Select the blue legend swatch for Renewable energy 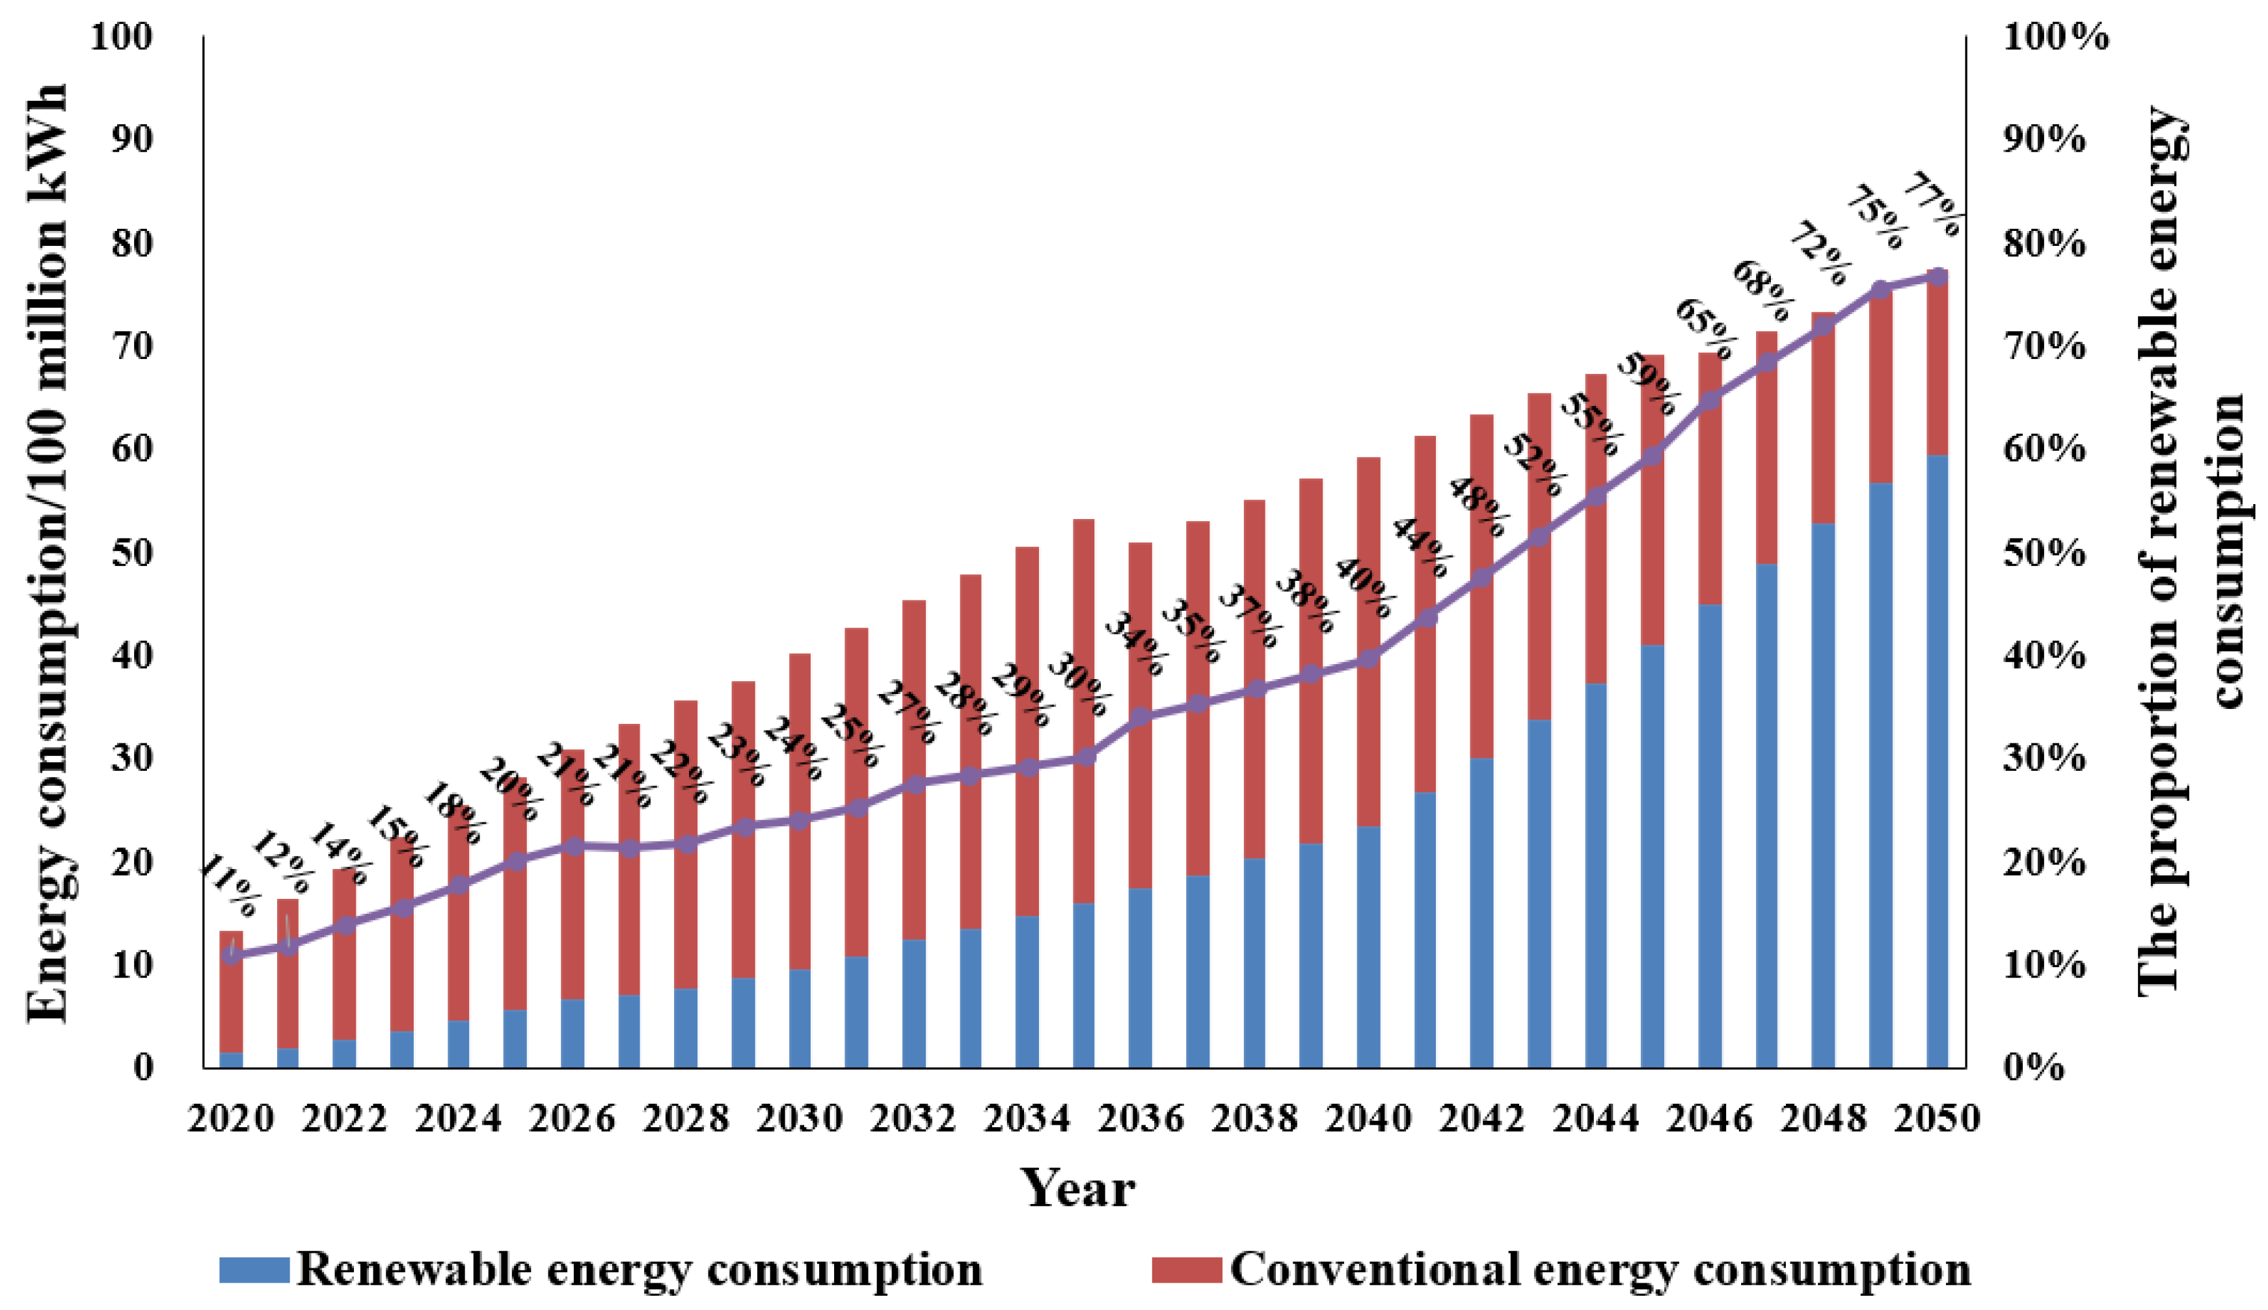(x=254, y=1270)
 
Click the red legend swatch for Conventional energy (x=1186, y=1270)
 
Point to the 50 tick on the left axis (x=131, y=552)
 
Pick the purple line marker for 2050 (x=1939, y=276)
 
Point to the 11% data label (x=228, y=886)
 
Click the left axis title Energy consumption (x=47, y=554)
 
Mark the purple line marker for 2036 (x=1140, y=717)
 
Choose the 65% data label (x=1704, y=329)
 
